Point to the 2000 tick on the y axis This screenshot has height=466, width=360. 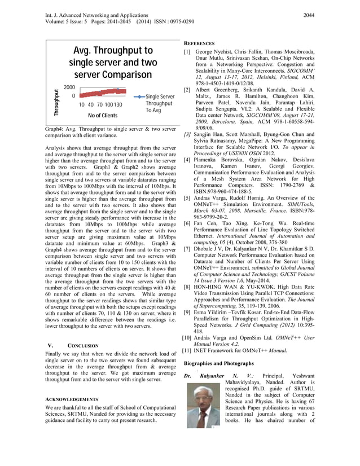pyautogui.click(x=70, y=88)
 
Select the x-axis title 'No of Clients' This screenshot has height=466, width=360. pyautogui.click(x=103, y=116)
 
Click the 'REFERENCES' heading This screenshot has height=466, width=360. pyautogui.click(x=199, y=43)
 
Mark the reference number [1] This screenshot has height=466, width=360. pyautogui.click(x=187, y=51)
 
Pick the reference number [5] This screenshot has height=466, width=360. pyautogui.click(x=187, y=198)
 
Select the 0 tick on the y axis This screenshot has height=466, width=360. pyautogui.click(x=73, y=96)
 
